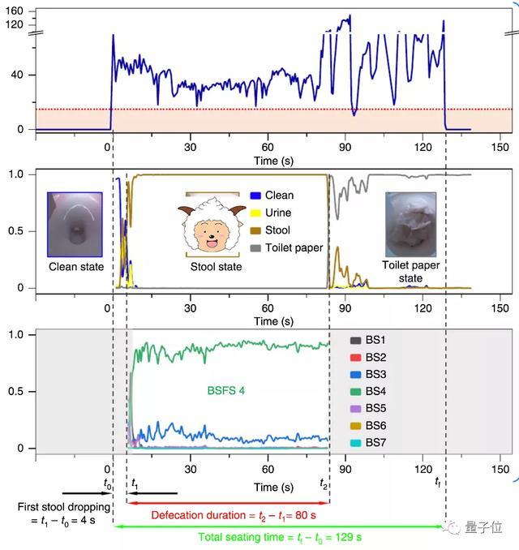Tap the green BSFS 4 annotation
point(226,389)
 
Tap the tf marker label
point(438,483)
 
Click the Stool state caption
point(216,267)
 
